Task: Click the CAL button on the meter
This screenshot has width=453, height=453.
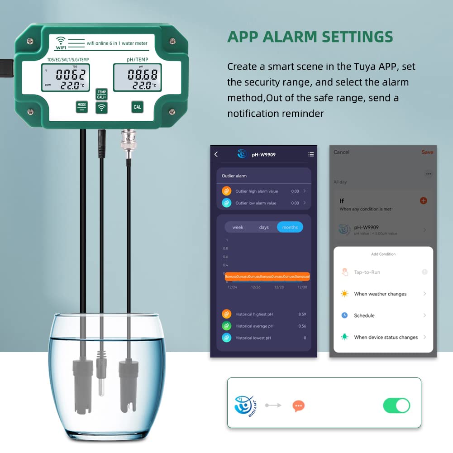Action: (x=137, y=107)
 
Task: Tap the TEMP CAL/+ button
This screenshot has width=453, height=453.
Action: (x=102, y=94)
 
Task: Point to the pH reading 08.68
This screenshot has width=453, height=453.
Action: (x=142, y=74)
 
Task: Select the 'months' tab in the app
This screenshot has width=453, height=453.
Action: (x=290, y=227)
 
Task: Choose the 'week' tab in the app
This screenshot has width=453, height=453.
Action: (x=238, y=227)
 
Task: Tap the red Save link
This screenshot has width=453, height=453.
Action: (x=427, y=152)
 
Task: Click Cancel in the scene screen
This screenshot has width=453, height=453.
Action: (x=341, y=152)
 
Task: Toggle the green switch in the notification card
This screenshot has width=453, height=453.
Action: (x=396, y=405)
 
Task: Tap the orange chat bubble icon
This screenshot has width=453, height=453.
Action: (x=298, y=406)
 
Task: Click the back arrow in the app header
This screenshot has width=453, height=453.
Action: (x=216, y=154)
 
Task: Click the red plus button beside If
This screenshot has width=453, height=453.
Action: (x=423, y=200)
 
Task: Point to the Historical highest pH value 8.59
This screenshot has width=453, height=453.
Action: (x=302, y=314)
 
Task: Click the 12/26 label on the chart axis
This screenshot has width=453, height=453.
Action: (x=256, y=287)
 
